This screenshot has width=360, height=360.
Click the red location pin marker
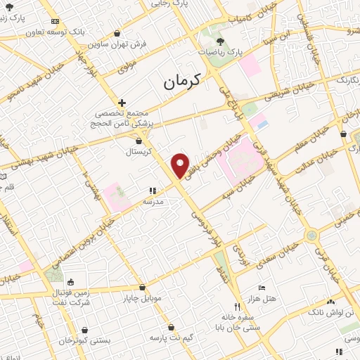pyautogui.click(x=181, y=165)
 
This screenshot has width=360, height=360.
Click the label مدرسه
pyautogui.click(x=153, y=201)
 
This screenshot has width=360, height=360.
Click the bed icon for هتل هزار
pyautogui.click(x=262, y=288)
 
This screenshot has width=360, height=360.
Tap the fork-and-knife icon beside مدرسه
pyautogui.click(x=152, y=191)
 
